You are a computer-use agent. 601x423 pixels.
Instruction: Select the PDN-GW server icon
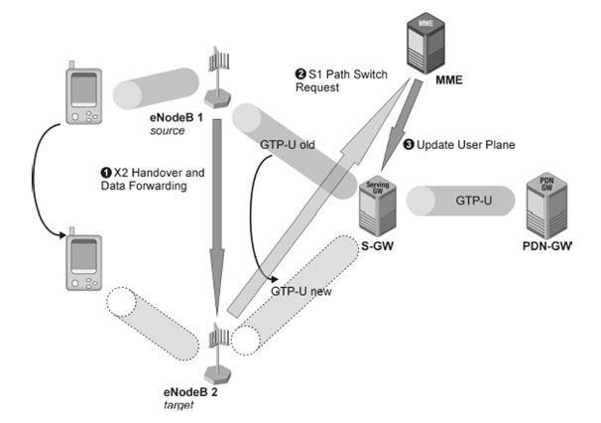[546, 202]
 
